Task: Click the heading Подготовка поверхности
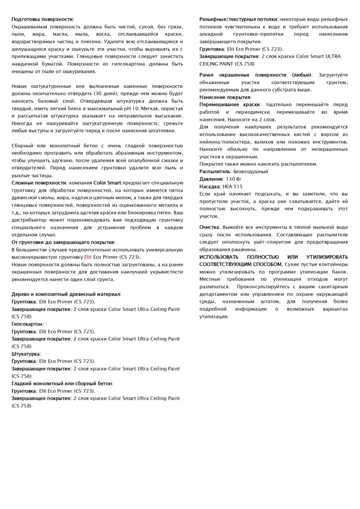click(42, 19)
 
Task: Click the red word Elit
click(88, 257)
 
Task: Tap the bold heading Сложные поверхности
click(39, 183)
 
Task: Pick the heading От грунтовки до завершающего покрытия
click(63, 242)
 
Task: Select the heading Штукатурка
click(26, 354)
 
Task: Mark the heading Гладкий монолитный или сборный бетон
click(62, 384)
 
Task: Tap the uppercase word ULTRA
click(333, 56)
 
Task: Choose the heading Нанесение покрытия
click(225, 97)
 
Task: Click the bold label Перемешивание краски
click(229, 104)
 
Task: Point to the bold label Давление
click(211, 179)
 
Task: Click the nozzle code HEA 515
click(232, 186)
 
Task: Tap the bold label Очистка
click(209, 227)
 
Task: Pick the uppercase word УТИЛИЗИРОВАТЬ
click(327, 257)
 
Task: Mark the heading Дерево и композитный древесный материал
click(66, 294)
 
